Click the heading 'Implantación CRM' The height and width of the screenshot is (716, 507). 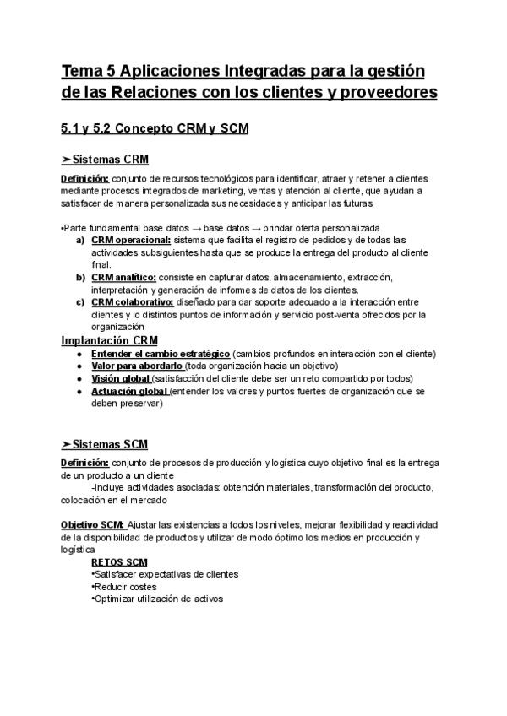pos(110,340)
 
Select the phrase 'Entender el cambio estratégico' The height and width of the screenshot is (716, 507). pos(160,353)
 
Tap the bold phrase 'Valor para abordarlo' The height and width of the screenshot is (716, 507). pos(138,366)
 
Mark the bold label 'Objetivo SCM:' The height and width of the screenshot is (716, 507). pos(94,524)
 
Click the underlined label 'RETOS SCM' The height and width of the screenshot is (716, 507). pos(118,561)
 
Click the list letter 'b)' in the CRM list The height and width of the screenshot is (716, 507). pos(80,277)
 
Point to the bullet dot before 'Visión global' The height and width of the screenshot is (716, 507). pos(79,378)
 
